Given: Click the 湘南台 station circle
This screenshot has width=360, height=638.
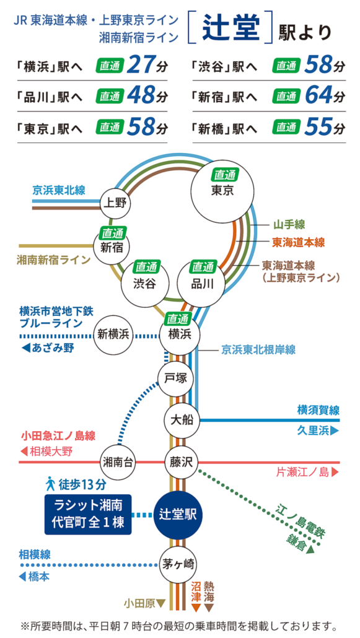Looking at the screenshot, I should click(118, 462).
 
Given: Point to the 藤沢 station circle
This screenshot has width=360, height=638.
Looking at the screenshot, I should click(182, 462).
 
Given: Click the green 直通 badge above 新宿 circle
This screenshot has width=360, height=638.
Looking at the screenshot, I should click(113, 234).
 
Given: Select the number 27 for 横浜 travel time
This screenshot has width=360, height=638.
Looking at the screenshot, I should click(139, 64).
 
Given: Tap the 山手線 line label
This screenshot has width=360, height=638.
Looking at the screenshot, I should click(289, 224).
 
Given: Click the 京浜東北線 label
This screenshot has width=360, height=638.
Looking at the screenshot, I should click(59, 190).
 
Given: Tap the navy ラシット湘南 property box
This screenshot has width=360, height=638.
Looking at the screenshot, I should click(88, 514).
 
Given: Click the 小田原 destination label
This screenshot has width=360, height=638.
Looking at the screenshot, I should click(139, 602).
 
